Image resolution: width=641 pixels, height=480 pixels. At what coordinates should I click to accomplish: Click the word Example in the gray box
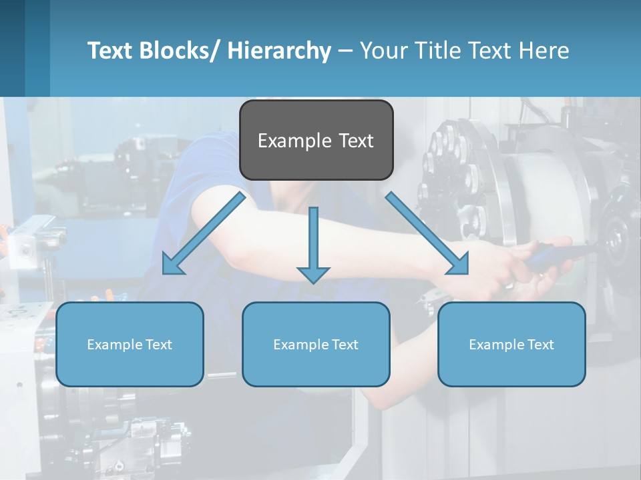294,141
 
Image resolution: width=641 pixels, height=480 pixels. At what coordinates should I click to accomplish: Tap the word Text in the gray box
355,141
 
